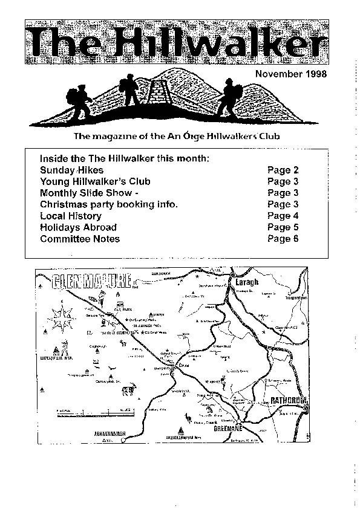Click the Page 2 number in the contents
click(283, 170)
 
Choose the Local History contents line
click(70, 216)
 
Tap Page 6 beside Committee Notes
click(283, 239)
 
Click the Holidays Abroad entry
click(78, 227)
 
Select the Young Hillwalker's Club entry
click(95, 181)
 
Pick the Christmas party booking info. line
click(108, 204)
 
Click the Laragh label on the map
click(253, 282)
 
